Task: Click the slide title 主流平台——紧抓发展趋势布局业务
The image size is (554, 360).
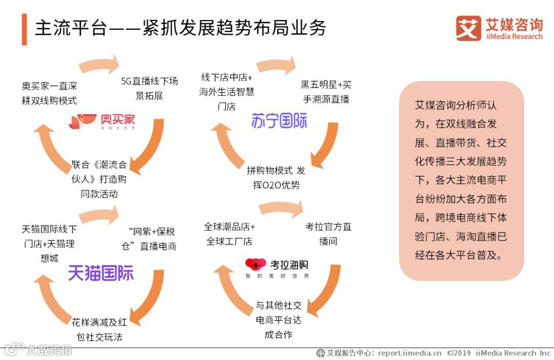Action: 180,28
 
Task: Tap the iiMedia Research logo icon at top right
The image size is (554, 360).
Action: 468,28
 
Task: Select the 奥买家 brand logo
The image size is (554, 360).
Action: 103,121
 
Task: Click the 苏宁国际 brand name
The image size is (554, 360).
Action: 279,121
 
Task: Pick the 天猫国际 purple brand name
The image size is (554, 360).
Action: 101,273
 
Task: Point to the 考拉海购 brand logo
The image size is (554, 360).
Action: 276,267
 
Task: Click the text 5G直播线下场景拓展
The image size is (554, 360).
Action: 149,88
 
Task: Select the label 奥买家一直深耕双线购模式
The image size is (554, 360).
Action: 49,93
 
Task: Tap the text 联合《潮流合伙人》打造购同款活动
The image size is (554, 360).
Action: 99,179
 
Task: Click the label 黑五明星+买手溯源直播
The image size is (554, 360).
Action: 326,92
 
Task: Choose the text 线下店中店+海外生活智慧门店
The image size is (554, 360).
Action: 226,92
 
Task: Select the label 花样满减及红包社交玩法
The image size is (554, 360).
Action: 100,329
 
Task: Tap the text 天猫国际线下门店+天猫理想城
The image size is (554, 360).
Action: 49,244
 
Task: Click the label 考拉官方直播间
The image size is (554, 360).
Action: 328,233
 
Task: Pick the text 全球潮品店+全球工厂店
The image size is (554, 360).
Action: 229,233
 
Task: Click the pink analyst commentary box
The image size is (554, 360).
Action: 461,181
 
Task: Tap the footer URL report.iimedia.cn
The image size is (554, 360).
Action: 409,353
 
